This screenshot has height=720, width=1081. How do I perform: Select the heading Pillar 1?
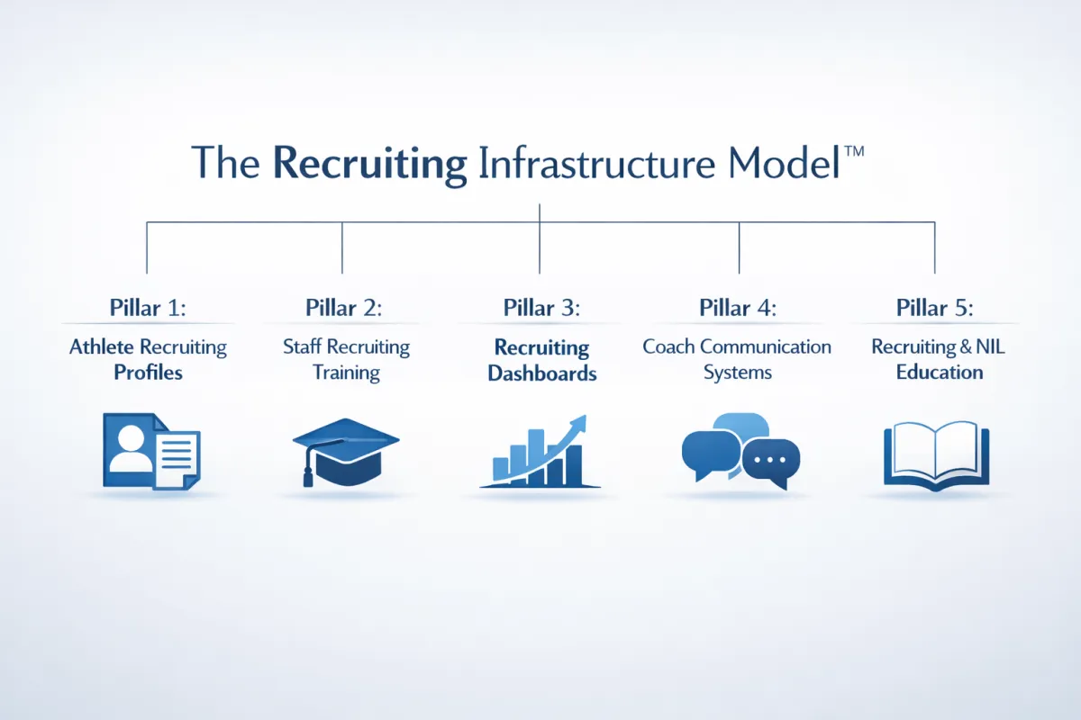(x=148, y=308)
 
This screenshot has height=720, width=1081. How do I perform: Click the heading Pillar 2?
(x=343, y=308)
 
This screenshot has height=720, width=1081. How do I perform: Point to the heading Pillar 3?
(x=541, y=308)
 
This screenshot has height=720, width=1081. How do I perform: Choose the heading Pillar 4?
(x=738, y=308)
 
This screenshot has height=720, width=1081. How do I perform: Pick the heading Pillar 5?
(x=935, y=308)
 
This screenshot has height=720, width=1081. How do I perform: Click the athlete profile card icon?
(x=151, y=450)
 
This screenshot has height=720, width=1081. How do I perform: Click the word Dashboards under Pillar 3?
(x=541, y=373)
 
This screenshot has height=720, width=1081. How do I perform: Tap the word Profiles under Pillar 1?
(x=148, y=373)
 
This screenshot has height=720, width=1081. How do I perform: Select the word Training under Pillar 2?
(x=346, y=373)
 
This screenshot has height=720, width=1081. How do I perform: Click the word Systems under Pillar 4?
(x=738, y=373)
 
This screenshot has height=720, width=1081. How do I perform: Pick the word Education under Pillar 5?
(x=940, y=373)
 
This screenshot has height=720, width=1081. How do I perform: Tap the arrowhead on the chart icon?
(x=578, y=421)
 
